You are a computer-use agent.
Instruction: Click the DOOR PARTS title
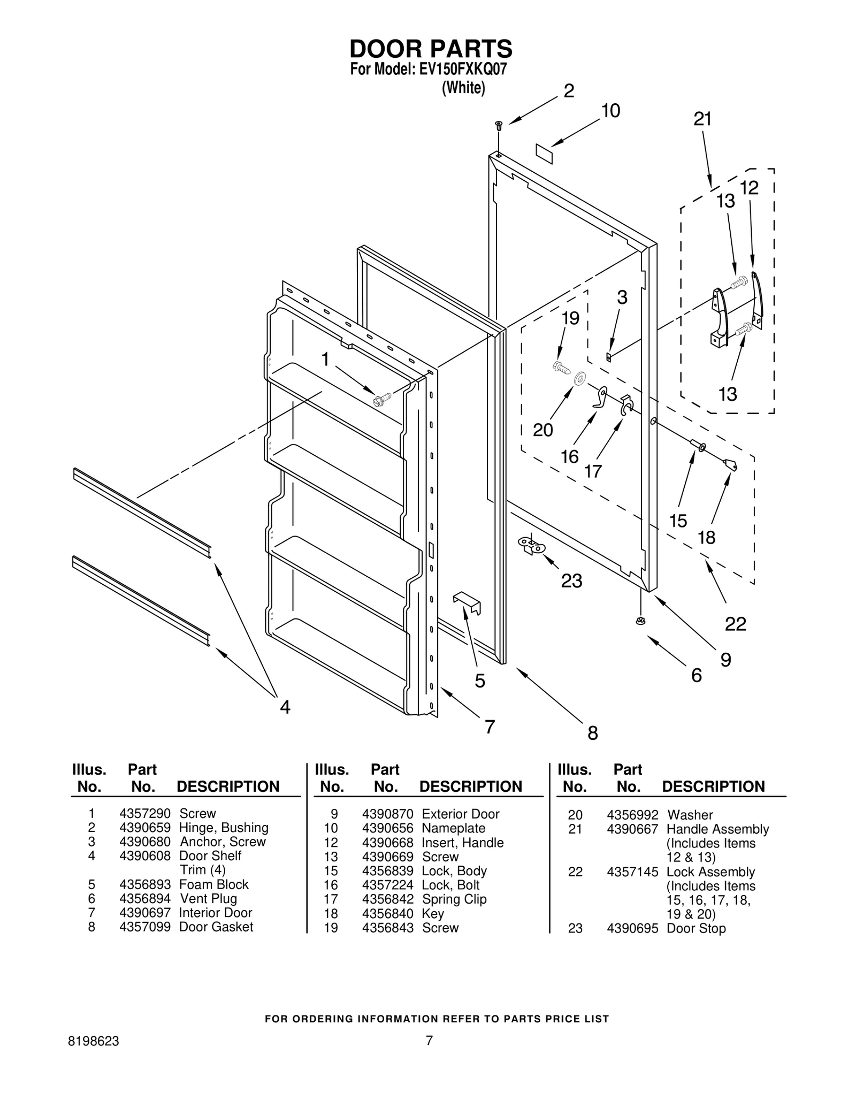pyautogui.click(x=431, y=49)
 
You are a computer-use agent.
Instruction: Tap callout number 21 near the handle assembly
pyautogui.click(x=702, y=119)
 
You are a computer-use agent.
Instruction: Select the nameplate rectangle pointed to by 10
pyautogui.click(x=544, y=151)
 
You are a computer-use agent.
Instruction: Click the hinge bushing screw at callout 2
pyautogui.click(x=499, y=126)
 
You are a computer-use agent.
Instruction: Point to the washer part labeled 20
pyautogui.click(x=579, y=379)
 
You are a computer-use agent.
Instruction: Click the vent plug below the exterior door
pyautogui.click(x=640, y=621)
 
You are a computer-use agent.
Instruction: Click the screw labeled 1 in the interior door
pyautogui.click(x=383, y=398)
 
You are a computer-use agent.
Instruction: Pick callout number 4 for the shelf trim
pyautogui.click(x=285, y=707)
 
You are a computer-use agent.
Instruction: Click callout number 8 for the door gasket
pyautogui.click(x=592, y=733)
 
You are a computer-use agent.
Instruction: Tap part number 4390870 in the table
pyautogui.click(x=387, y=814)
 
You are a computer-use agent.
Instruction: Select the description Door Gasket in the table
pyautogui.click(x=216, y=927)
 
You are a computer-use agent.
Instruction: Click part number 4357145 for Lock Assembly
pyautogui.click(x=632, y=872)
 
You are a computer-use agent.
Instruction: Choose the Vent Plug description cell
pyautogui.click(x=208, y=898)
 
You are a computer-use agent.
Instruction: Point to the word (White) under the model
pyautogui.click(x=463, y=88)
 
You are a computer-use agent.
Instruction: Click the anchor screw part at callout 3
pyautogui.click(x=608, y=356)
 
